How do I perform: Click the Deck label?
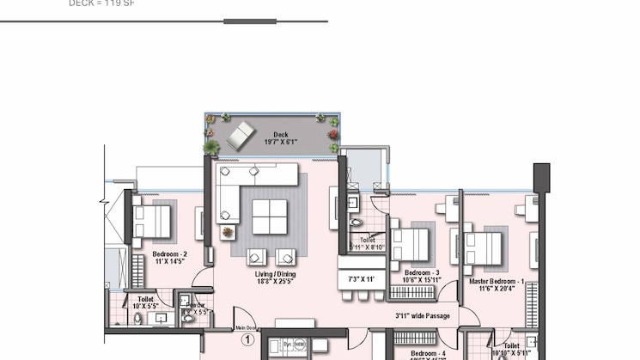tap(280, 134)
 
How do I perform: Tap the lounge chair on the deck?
tap(240, 135)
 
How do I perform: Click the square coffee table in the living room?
tap(270, 217)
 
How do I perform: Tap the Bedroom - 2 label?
tap(170, 254)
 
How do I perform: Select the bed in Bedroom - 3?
tap(410, 244)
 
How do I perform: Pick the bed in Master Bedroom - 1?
tap(483, 248)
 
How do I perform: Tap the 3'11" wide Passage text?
tap(422, 316)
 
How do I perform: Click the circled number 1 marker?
tap(248, 340)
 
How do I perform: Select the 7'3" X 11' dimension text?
tap(362, 279)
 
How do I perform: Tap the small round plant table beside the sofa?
tap(228, 231)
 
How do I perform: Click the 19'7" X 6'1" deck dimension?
tap(280, 142)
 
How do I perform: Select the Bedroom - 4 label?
tap(428, 353)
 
